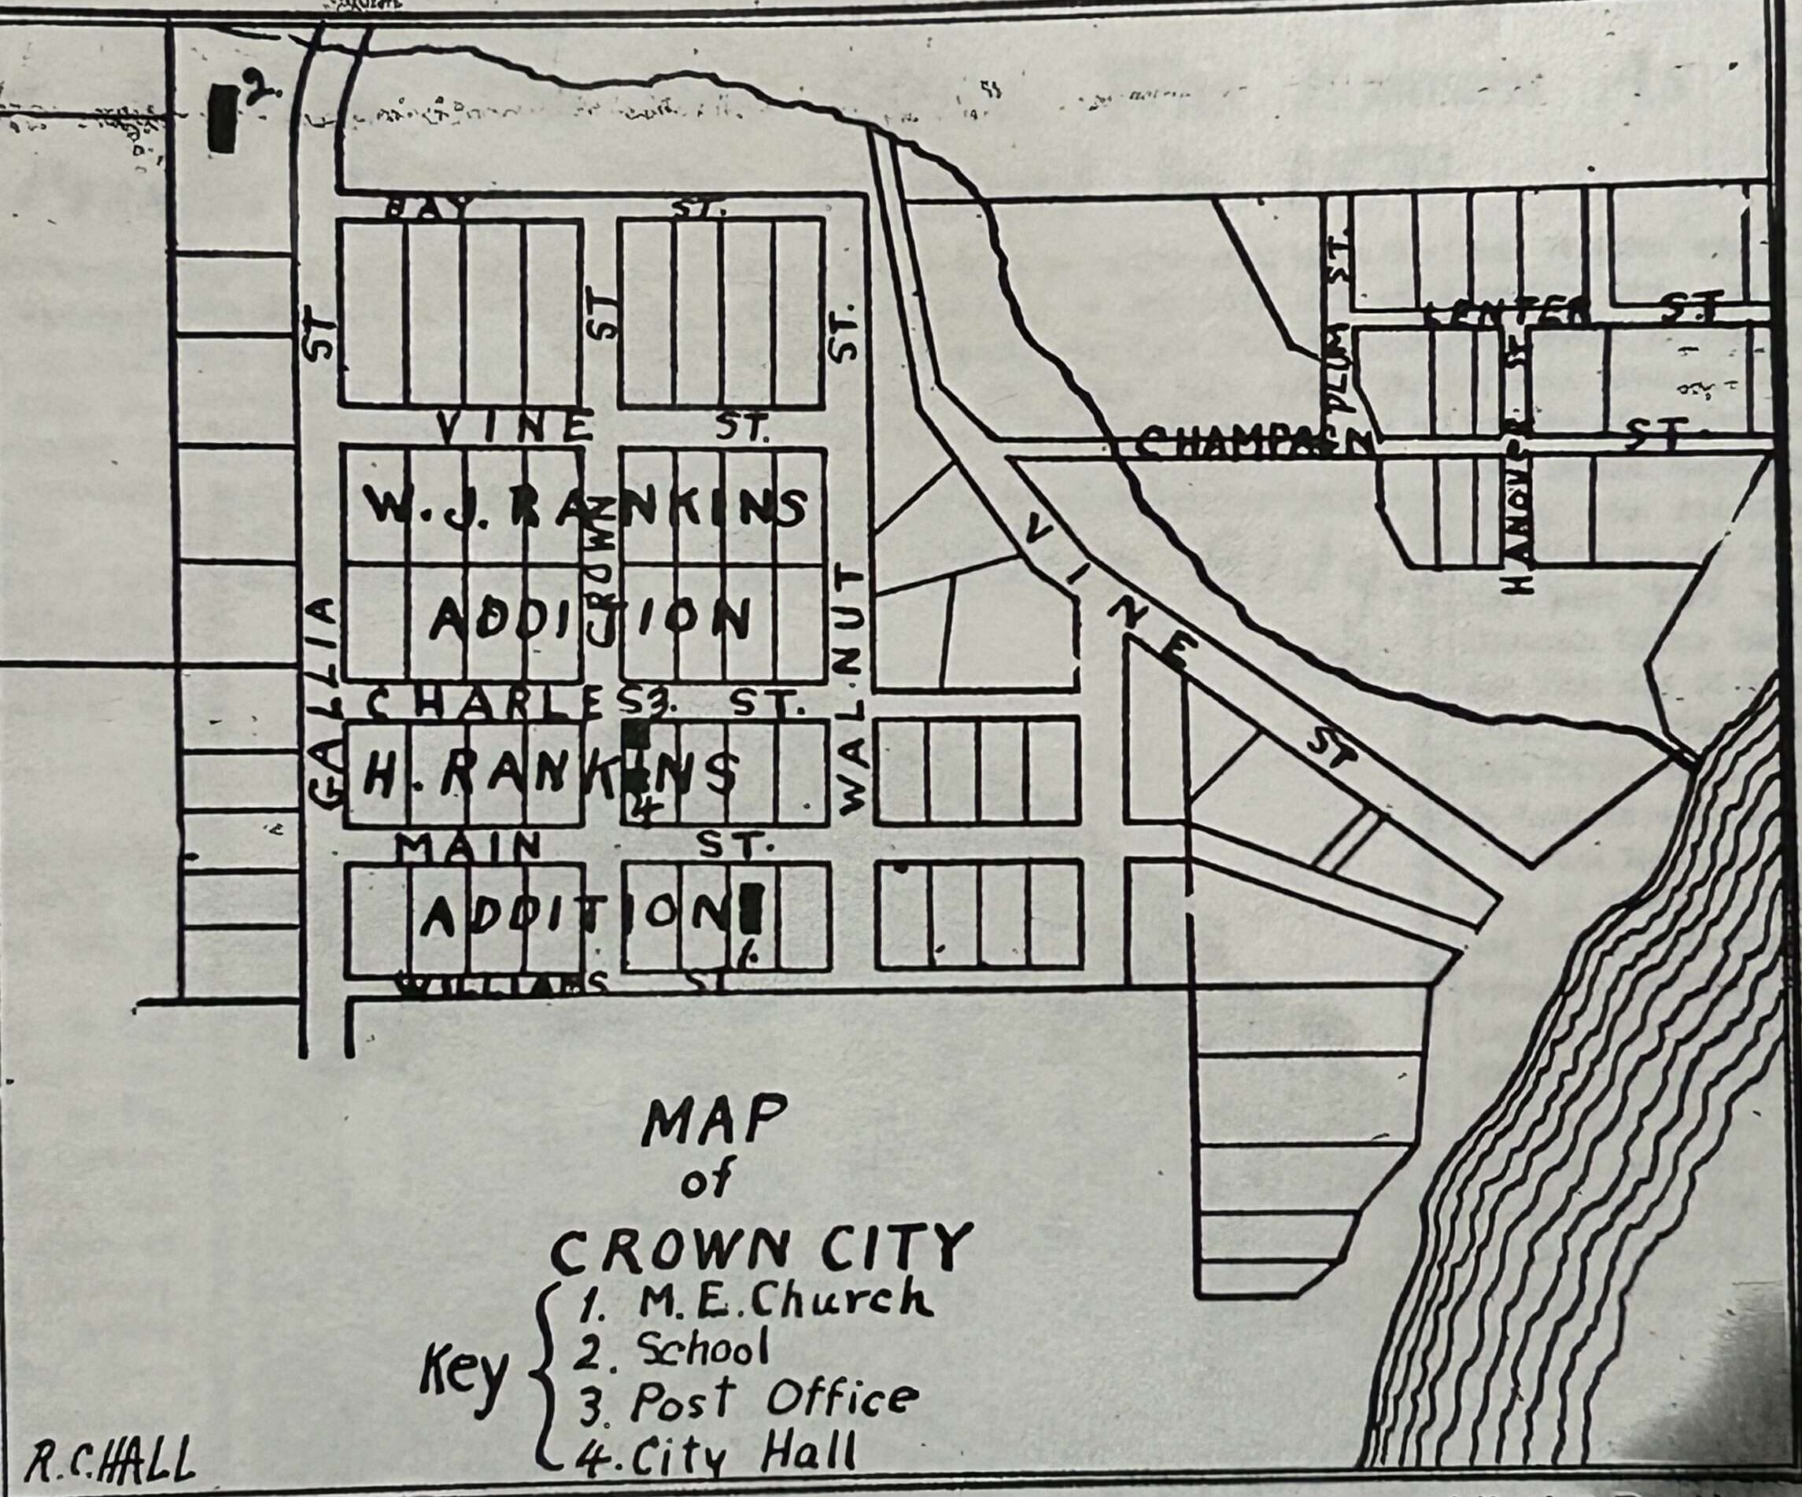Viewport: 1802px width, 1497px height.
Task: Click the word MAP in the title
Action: click(x=713, y=1123)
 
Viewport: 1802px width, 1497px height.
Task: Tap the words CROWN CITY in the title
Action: click(x=761, y=1250)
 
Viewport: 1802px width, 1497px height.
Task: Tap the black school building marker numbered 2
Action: click(x=222, y=118)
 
